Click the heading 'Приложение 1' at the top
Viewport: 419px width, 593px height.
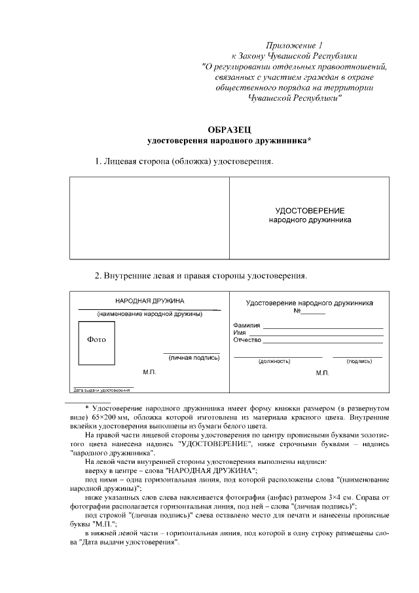(x=295, y=45)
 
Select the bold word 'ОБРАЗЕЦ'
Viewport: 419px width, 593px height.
(x=229, y=129)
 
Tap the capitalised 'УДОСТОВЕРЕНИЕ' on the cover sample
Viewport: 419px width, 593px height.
(x=310, y=210)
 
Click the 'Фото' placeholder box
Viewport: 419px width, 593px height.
(x=96, y=340)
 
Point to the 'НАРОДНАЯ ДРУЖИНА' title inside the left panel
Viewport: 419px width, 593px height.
(x=150, y=301)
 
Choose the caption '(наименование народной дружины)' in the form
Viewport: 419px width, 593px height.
(x=150, y=314)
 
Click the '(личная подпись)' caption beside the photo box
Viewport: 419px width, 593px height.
(x=194, y=358)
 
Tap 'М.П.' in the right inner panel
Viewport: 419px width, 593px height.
(x=322, y=372)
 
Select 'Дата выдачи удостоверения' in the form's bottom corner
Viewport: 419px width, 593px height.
(x=101, y=390)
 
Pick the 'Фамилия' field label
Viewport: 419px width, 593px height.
(x=247, y=326)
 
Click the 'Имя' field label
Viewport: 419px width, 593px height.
(x=239, y=333)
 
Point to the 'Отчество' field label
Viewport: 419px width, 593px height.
(x=247, y=340)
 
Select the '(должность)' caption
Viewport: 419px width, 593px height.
(x=270, y=361)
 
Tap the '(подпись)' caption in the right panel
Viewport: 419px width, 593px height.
(x=359, y=361)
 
